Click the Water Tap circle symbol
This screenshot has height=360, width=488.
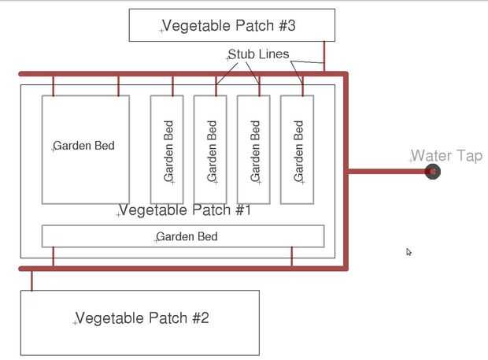[x=432, y=171]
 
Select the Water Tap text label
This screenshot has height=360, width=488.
[x=446, y=156]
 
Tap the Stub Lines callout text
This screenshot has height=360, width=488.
[x=258, y=54]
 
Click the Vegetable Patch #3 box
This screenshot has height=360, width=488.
[x=231, y=25]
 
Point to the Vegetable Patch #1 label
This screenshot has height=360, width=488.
[x=184, y=210]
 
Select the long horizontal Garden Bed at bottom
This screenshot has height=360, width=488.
[x=183, y=236]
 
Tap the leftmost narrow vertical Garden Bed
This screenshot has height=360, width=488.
[x=167, y=149]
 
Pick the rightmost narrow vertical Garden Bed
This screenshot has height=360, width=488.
[x=297, y=149]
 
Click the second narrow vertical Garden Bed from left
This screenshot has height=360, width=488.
[x=210, y=149]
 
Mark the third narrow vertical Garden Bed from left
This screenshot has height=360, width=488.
[x=253, y=149]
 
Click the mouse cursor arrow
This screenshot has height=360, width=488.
[x=409, y=252]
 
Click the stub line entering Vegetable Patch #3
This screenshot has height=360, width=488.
[x=323, y=57]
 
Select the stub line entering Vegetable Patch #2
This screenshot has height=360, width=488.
[x=31, y=280]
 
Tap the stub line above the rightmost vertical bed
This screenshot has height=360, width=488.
[x=302, y=85]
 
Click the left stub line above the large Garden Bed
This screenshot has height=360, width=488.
[x=54, y=85]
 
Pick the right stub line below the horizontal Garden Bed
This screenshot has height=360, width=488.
[x=292, y=258]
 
